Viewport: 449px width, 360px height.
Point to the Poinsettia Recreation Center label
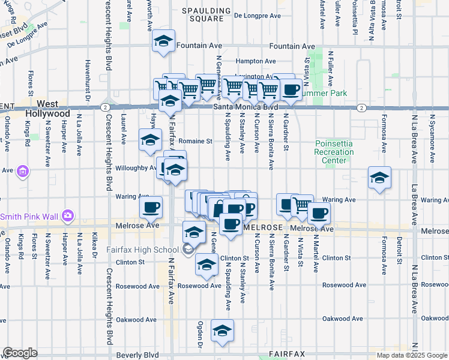tap(334, 152)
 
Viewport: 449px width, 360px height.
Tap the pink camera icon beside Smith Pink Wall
tap(67, 215)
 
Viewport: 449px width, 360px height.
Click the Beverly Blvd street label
tap(137, 355)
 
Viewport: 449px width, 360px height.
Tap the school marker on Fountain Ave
tap(163, 41)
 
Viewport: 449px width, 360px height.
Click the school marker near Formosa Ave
tap(379, 178)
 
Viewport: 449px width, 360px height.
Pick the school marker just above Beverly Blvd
tap(222, 331)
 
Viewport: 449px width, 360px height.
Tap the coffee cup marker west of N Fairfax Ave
tap(151, 208)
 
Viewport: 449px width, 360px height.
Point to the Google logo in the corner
tap(20, 353)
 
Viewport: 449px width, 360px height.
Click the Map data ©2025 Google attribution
tap(412, 355)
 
